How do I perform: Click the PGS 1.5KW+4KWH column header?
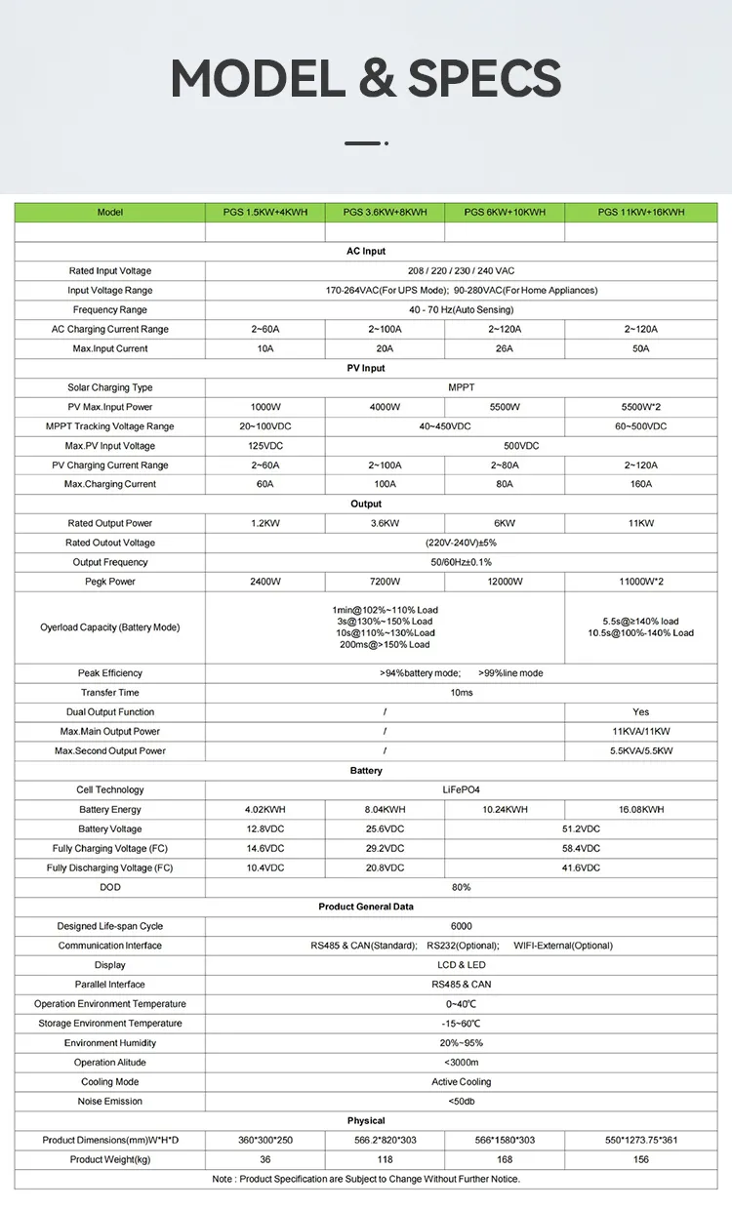pos(265,212)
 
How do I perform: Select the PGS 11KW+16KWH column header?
pos(641,212)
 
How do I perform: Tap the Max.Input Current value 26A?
pos(505,348)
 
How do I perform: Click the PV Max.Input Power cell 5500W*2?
pos(641,407)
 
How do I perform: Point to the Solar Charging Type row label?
pos(110,387)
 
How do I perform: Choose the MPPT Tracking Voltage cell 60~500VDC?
pos(641,426)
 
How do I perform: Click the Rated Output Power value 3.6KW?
pos(386,523)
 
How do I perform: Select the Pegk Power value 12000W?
pos(505,582)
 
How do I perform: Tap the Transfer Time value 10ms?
pos(462,693)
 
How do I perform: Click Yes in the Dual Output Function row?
pos(641,712)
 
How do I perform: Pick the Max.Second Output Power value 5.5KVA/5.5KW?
pos(641,751)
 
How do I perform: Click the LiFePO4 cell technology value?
pos(462,790)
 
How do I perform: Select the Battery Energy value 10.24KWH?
pos(505,810)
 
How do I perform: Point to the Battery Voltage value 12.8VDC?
pos(265,829)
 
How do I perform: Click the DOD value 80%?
pos(462,887)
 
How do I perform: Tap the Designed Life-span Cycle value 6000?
pos(462,926)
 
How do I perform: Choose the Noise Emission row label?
pos(110,1102)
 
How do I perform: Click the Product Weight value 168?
pos(505,1159)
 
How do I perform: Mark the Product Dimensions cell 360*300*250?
pos(265,1140)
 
